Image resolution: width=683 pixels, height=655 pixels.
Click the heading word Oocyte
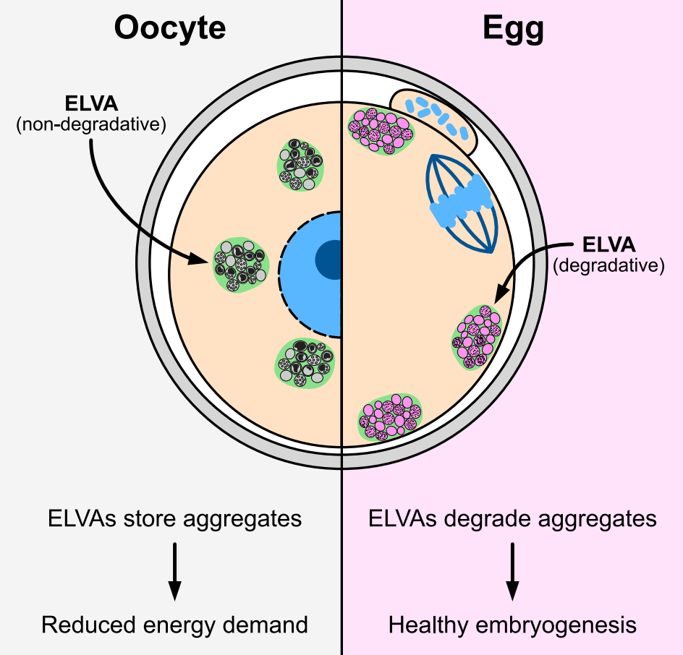coord(170,29)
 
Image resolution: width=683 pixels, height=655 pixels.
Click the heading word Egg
coord(513,29)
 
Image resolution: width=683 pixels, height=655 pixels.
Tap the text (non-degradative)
coord(90,125)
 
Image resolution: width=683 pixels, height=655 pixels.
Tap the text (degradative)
coord(608,265)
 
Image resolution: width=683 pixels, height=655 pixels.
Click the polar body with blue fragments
coord(434,119)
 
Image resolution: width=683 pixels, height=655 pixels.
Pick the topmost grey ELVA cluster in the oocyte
coord(300,166)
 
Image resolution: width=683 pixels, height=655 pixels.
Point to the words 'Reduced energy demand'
coord(174,625)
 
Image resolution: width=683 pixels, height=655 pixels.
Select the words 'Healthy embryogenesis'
coord(512,625)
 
